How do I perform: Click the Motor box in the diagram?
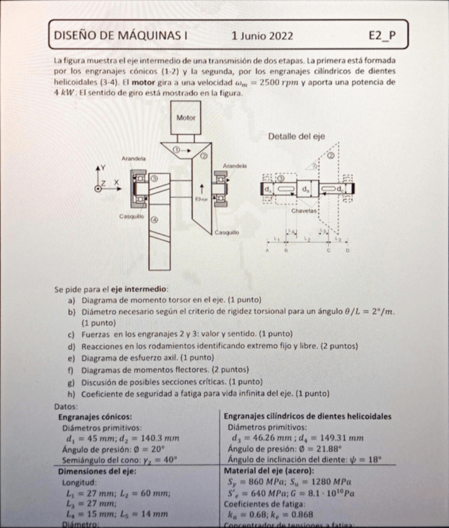(x=186, y=117)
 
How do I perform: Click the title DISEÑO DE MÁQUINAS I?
(x=122, y=36)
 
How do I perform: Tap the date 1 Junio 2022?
(x=261, y=36)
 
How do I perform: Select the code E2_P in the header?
(x=382, y=36)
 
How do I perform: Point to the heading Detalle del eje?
(x=296, y=136)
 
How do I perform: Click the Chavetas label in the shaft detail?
(x=304, y=212)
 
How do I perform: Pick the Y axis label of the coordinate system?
(x=104, y=168)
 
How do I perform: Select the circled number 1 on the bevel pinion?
(x=176, y=149)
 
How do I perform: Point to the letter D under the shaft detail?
(x=348, y=250)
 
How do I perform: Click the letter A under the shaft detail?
(x=267, y=250)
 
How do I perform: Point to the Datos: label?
(x=67, y=405)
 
